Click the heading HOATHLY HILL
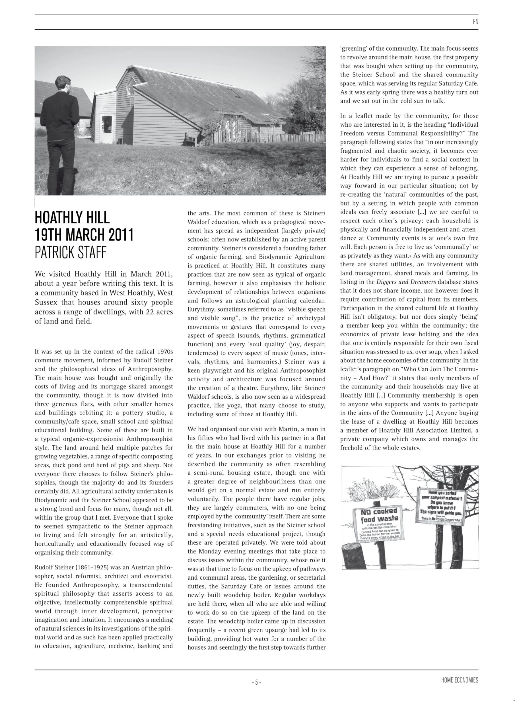[72, 218]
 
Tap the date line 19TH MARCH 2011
[84, 235]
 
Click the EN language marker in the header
[475, 22]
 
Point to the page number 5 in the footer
[256, 682]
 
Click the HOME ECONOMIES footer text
[460, 680]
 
